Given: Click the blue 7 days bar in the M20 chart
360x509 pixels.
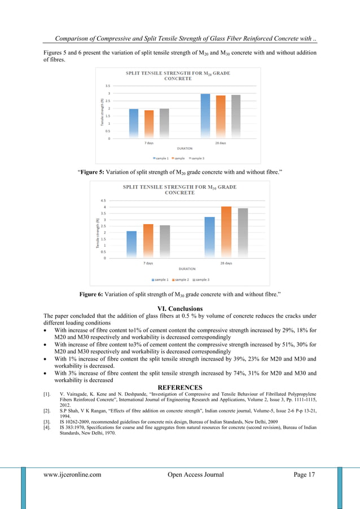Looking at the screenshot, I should coord(134,123).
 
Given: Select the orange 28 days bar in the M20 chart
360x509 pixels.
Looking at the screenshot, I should coord(221,117).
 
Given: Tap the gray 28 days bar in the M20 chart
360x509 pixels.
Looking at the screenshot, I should coord(236,116).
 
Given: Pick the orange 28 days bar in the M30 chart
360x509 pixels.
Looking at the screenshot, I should coord(226,232).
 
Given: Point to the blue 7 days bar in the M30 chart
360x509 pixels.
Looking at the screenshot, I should coord(131,244).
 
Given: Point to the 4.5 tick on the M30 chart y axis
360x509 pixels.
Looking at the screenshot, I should coord(103,200).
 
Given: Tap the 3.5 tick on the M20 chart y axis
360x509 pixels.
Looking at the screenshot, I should coord(107,86).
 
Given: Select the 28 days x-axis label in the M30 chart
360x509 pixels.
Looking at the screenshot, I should coord(226,263).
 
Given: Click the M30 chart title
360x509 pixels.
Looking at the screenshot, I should coord(179,189).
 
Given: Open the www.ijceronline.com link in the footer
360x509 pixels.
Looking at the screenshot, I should coord(72,475).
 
